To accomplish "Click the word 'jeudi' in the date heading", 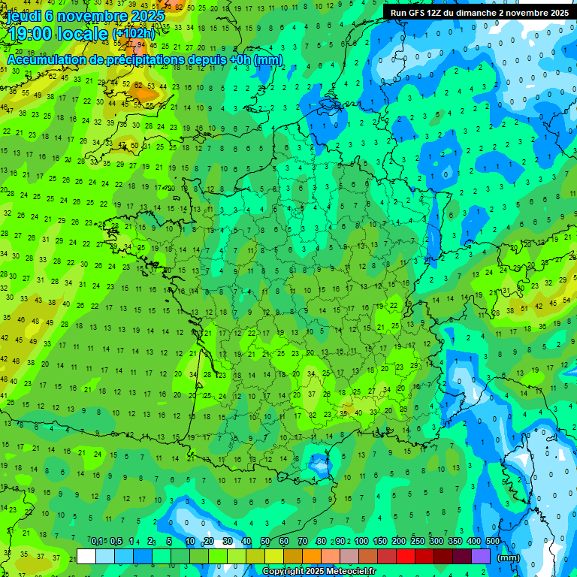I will click(24, 15).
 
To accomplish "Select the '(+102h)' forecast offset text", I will click(133, 34).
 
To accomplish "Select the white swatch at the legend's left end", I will click(86, 556).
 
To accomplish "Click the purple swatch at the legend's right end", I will click(481, 556).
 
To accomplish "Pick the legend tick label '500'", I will click(493, 542).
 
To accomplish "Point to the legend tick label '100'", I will click(361, 542).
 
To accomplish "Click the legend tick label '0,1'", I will click(97, 542).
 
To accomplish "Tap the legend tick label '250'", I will click(418, 542).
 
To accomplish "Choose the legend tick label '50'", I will click(265, 542).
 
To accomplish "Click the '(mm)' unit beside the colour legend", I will click(509, 557).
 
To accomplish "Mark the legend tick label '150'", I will click(380, 542).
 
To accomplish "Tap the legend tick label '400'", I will click(474, 542).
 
